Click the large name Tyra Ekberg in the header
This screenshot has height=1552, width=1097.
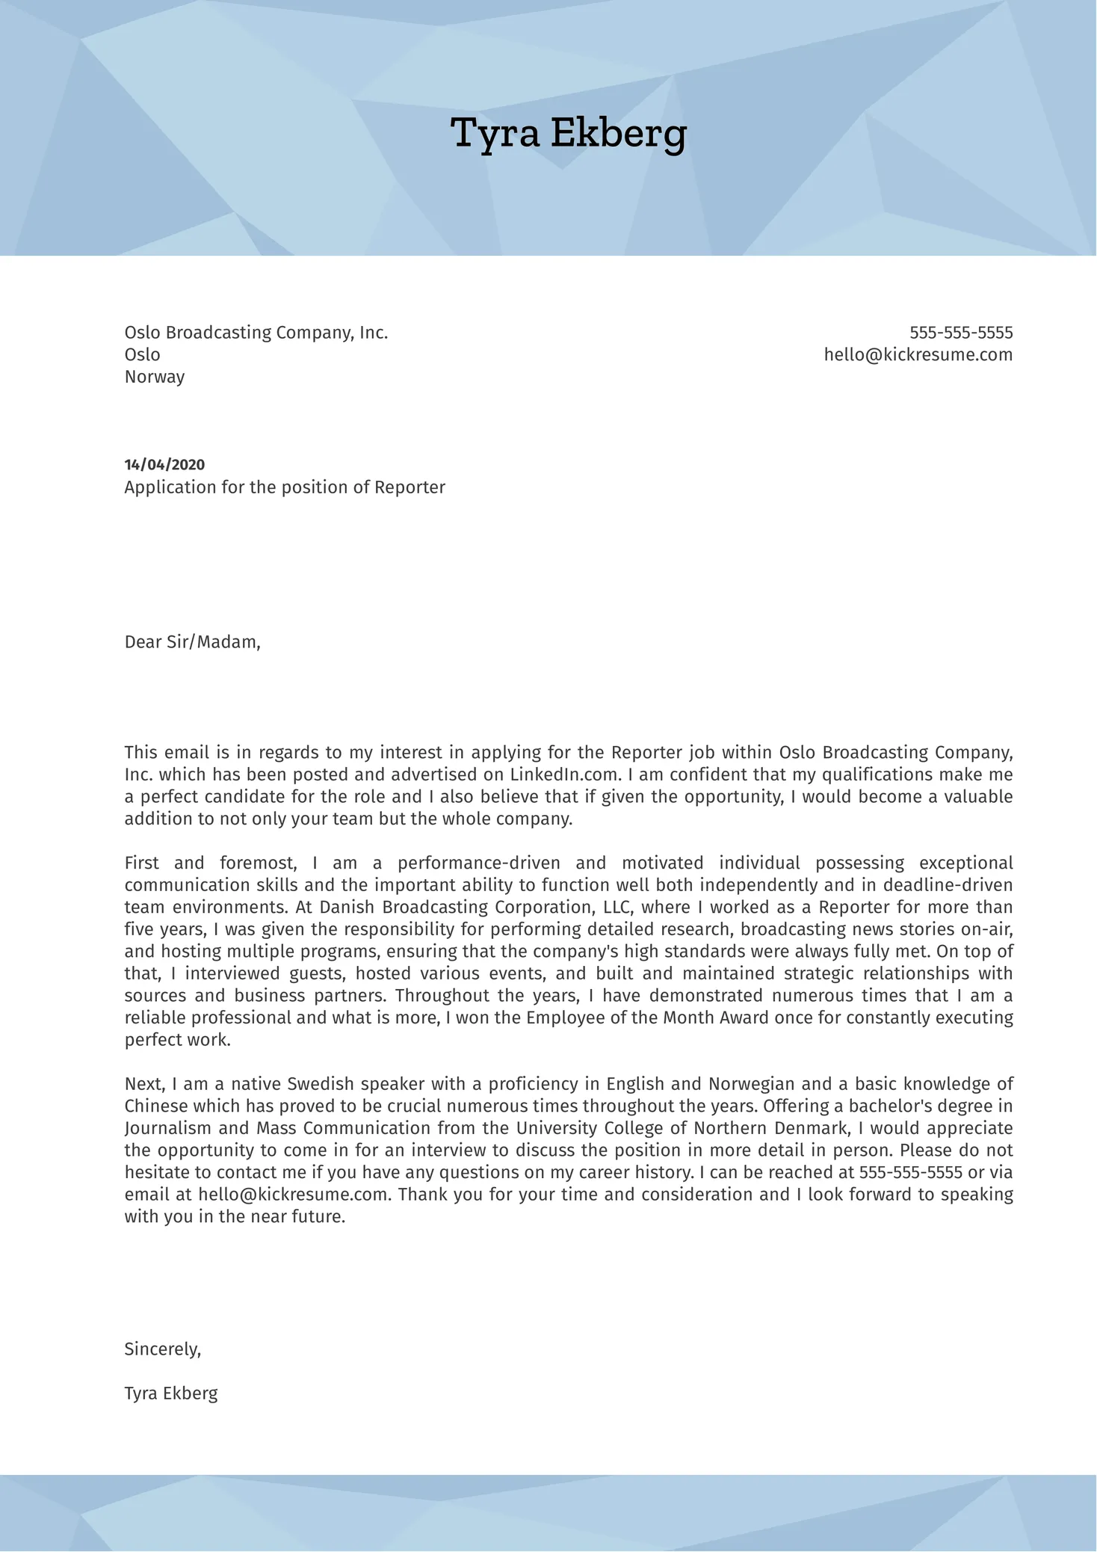(569, 134)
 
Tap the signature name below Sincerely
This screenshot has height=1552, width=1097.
(171, 1394)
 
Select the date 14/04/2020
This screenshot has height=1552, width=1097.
(164, 465)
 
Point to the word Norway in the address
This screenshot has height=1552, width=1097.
(155, 377)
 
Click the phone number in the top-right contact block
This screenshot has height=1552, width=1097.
(961, 333)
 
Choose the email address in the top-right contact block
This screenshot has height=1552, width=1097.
(918, 354)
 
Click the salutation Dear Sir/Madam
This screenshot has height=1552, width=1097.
(192, 642)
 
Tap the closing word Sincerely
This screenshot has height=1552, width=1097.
(162, 1349)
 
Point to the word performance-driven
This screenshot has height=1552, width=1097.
(478, 863)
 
